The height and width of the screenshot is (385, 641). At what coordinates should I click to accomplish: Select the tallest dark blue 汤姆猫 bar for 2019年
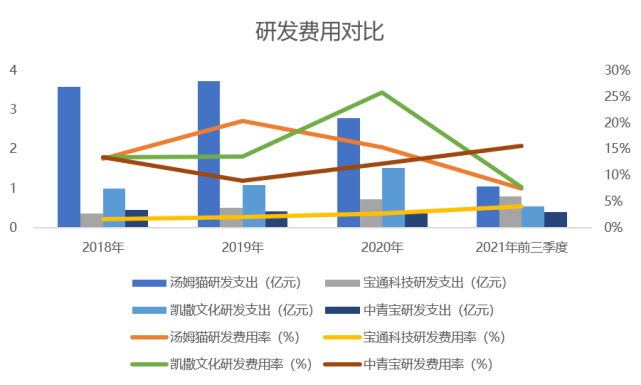pos(208,154)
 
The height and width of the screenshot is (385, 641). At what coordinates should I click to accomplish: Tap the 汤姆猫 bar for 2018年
pos(69,157)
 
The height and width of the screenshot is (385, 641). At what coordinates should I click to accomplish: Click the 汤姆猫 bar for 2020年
pos(348,172)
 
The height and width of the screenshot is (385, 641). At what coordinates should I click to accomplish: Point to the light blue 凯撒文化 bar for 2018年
pos(115,208)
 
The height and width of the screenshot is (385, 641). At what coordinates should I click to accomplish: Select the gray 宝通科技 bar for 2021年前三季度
pos(511,212)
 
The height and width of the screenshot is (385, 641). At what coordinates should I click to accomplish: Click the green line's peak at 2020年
pos(383,93)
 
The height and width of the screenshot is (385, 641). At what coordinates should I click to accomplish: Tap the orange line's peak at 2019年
pos(243,121)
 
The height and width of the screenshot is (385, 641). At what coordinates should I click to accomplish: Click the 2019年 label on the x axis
pos(243,246)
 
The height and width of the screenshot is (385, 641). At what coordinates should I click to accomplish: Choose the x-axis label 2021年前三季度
pos(522,246)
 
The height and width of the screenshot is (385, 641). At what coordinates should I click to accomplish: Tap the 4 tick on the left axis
pos(13,70)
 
